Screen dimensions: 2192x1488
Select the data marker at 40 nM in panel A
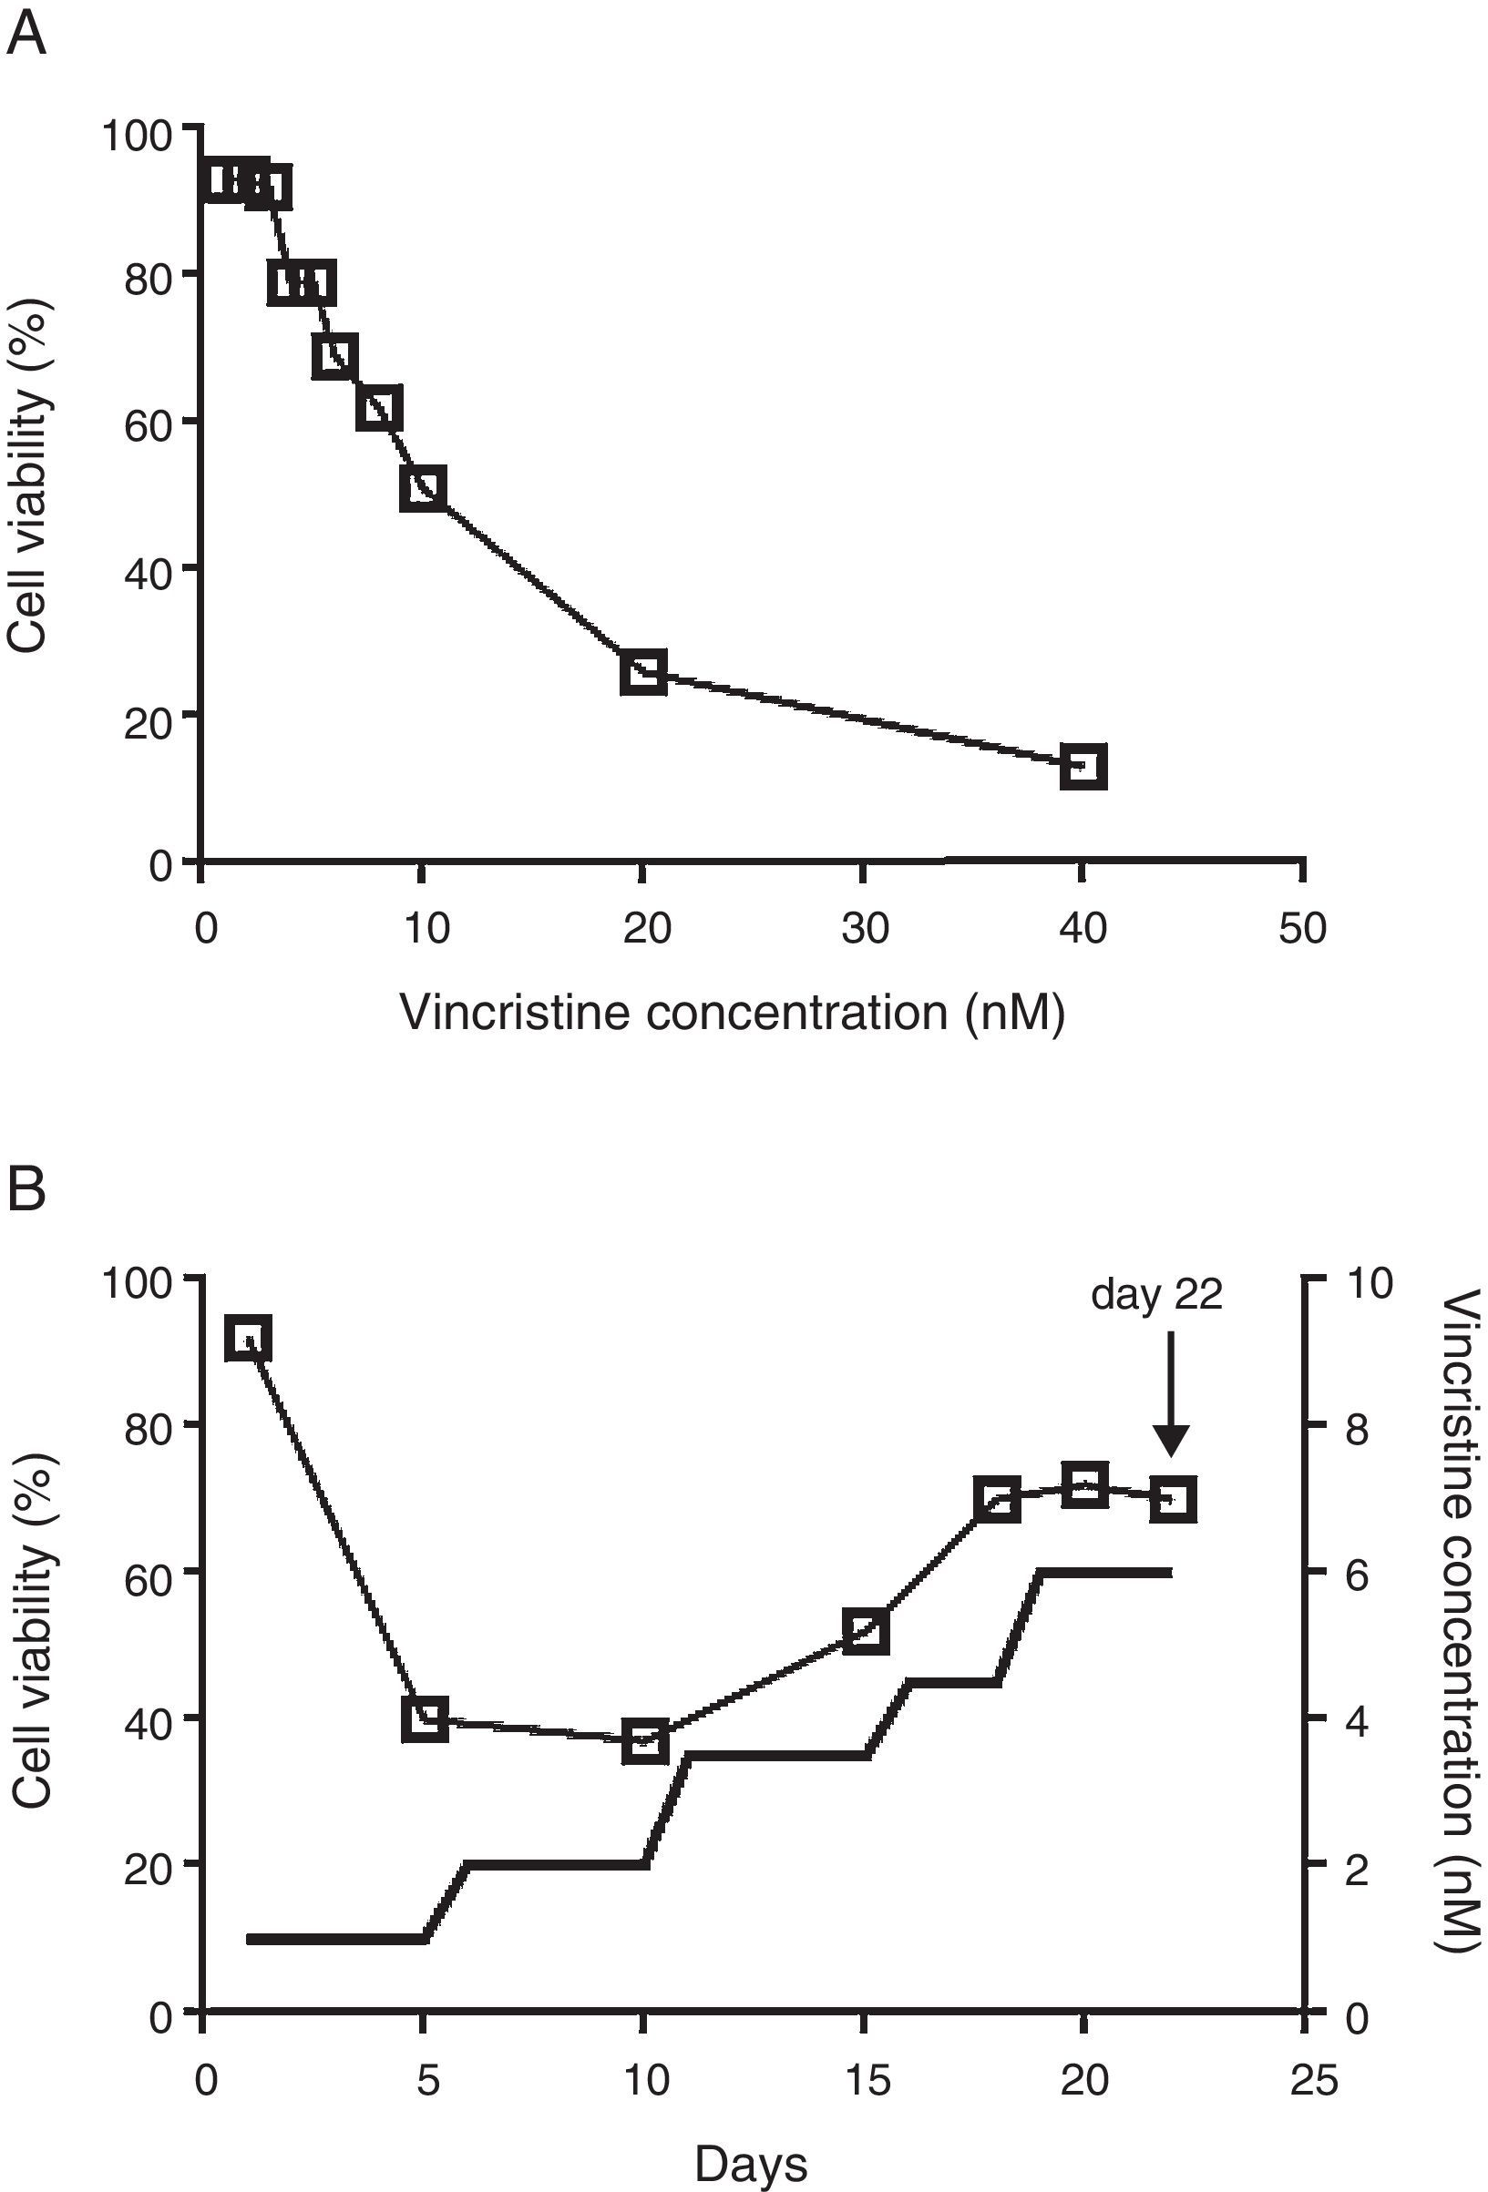click(x=1083, y=766)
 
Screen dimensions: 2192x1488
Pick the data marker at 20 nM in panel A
click(x=643, y=671)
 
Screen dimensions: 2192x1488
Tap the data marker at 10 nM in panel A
click(x=423, y=487)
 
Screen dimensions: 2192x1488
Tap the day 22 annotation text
click(x=1156, y=1295)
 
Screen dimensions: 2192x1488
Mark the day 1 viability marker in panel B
click(x=248, y=1339)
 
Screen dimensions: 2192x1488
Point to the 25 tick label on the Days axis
click(x=1312, y=2081)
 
